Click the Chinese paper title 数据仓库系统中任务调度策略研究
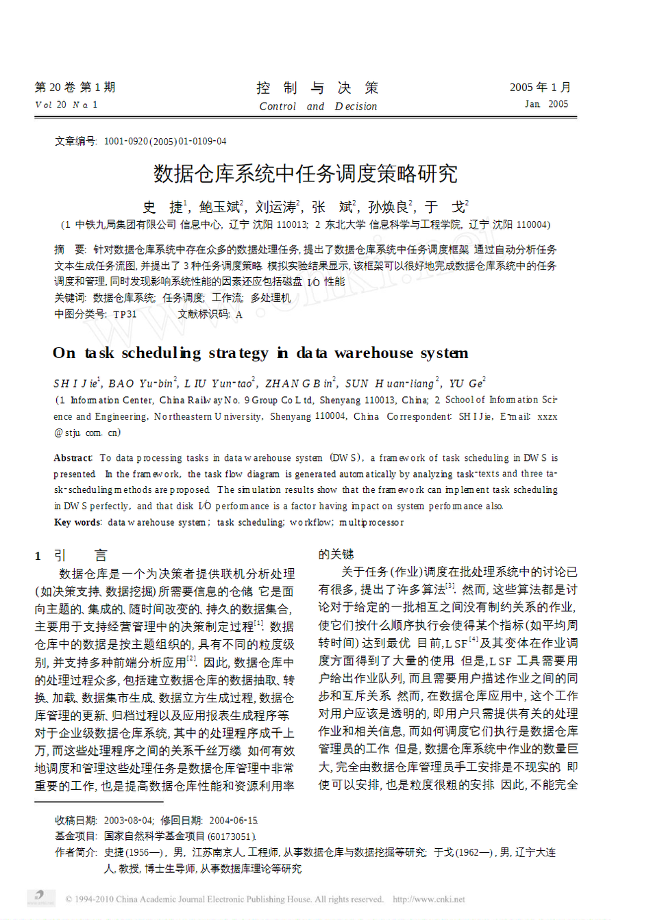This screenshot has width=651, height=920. point(305,174)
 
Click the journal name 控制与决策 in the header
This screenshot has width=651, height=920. point(317,88)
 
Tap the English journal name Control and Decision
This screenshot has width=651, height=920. point(318,106)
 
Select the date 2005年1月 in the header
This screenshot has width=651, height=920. point(539,88)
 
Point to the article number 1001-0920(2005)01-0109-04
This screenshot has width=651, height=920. point(164,142)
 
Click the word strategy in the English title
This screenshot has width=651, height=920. point(238,353)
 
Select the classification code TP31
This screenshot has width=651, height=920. point(125,314)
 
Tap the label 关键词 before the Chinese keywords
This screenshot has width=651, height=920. point(70,298)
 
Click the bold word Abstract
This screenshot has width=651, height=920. point(73,458)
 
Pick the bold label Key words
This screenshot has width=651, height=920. point(77,522)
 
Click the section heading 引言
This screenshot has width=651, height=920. point(81,556)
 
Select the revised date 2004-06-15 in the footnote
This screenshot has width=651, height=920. point(233,820)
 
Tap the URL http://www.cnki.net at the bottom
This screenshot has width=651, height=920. point(428,899)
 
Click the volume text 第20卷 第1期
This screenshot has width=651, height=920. point(75,88)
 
